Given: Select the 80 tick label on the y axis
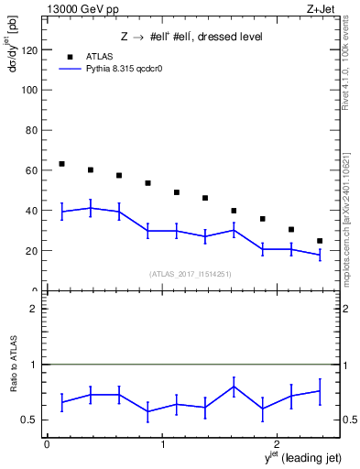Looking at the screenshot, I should click(31, 131).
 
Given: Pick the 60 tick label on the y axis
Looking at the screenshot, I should click(31, 170).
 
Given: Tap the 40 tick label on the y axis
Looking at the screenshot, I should click(31, 211).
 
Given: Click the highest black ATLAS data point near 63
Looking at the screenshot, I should click(61, 164).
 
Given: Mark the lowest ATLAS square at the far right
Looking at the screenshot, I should click(320, 241).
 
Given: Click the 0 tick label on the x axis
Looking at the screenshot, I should click(47, 444).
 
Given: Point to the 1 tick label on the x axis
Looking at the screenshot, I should click(162, 444).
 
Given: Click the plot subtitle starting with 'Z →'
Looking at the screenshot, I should click(191, 37).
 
